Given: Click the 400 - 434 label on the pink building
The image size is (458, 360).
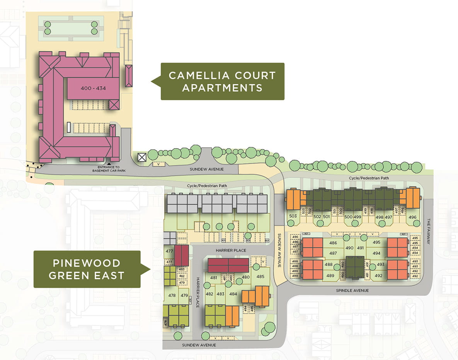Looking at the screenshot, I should (93, 88).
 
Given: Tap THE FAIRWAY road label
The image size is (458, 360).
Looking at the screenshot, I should (428, 232).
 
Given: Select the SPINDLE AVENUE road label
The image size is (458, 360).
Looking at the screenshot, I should (352, 290).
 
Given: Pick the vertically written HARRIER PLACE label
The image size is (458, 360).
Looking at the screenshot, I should (197, 292).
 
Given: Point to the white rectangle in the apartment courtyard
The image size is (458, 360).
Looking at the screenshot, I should (68, 128).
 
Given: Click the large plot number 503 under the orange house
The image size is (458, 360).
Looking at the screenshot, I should (293, 216).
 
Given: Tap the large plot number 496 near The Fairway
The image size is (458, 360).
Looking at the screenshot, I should (412, 217).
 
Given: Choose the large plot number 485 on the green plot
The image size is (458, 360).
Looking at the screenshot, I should (260, 276).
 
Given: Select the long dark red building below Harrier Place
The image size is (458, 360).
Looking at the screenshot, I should (228, 266).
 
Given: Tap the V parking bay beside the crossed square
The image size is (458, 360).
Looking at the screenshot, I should (158, 164).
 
